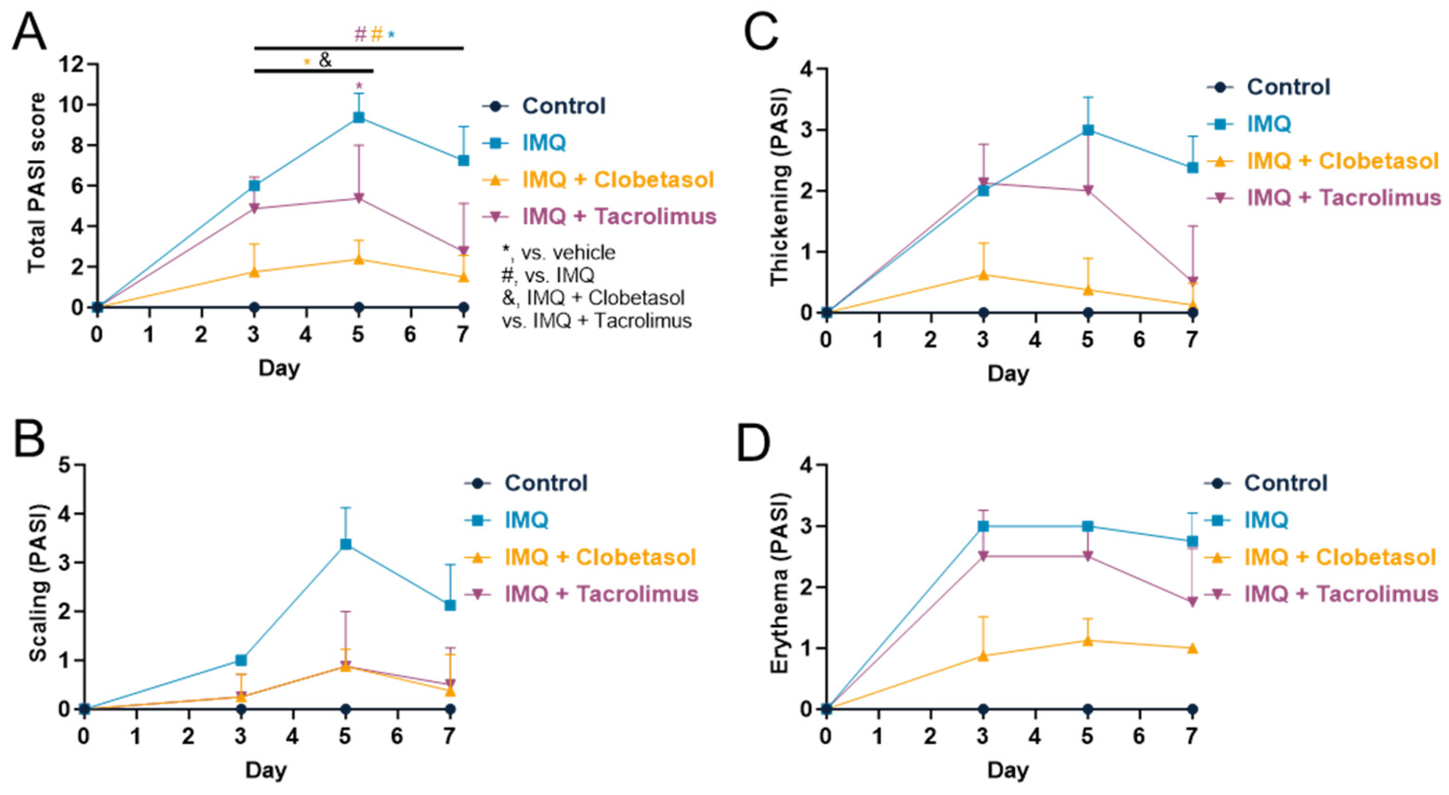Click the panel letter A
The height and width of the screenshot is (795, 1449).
pyautogui.click(x=29, y=32)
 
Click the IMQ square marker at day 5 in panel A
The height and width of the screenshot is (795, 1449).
pyautogui.click(x=359, y=118)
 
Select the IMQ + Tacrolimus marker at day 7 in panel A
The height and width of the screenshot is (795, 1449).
pyautogui.click(x=463, y=251)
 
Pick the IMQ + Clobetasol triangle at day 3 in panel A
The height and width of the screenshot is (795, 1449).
pyautogui.click(x=254, y=272)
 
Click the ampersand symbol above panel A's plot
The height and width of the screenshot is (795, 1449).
pyautogui.click(x=325, y=60)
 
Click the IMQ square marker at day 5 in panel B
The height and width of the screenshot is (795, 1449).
pyautogui.click(x=345, y=544)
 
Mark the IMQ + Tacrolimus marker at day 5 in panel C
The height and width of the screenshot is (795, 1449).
pyautogui.click(x=1088, y=191)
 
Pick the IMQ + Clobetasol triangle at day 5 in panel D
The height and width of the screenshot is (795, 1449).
pyautogui.click(x=1088, y=640)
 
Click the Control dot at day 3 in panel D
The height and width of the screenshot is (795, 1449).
pyautogui.click(x=983, y=709)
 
